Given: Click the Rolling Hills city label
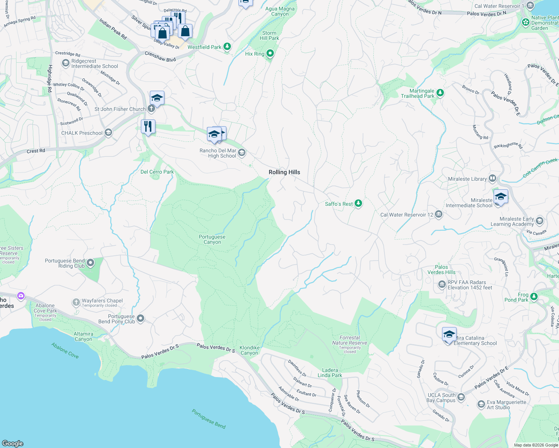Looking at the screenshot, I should (284, 172).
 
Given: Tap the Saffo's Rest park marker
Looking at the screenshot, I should (358, 203).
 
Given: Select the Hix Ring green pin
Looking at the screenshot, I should (270, 53).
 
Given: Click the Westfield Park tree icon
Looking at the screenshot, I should (227, 47).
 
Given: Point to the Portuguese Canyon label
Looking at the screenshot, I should (212, 239).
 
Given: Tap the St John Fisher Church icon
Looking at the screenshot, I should (151, 109).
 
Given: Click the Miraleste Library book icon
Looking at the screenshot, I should (492, 178).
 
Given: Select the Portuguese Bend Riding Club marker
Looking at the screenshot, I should (90, 263).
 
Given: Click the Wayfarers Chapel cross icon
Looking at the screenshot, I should (76, 302).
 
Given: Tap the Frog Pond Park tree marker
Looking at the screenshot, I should (534, 296).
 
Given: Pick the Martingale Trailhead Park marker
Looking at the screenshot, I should (440, 93).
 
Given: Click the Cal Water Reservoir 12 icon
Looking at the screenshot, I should (439, 214).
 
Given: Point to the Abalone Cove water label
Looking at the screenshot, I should (65, 351).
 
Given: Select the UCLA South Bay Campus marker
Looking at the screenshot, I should (461, 397).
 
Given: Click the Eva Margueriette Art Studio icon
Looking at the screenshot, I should (481, 404).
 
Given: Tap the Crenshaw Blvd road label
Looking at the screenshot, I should (160, 57).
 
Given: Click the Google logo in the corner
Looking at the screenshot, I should (13, 443).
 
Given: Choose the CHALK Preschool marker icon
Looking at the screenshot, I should (108, 133).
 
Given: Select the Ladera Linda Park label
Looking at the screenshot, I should (330, 373).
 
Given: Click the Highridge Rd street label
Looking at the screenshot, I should (49, 78).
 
